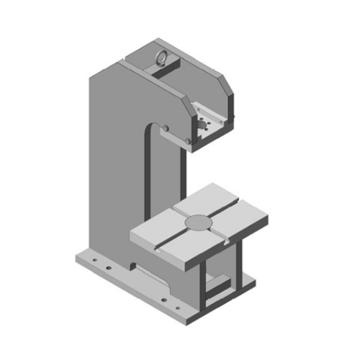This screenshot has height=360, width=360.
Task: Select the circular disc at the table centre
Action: coord(199,224)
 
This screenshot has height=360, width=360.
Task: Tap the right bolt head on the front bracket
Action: coord(189,141)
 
